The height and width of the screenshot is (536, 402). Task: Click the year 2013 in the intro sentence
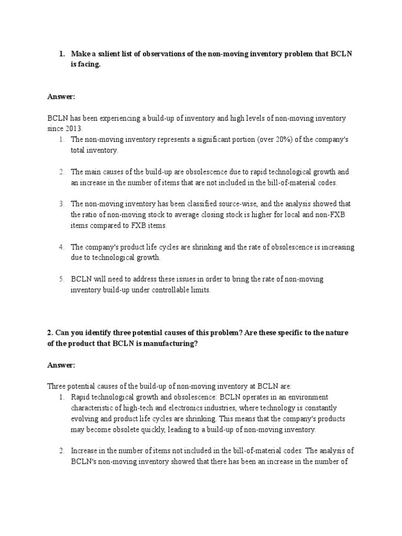74,129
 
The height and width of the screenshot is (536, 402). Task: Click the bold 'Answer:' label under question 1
61,97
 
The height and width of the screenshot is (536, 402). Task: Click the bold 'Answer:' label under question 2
61,364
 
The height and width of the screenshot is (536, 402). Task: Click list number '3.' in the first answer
61,204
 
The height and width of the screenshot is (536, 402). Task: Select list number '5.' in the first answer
61,279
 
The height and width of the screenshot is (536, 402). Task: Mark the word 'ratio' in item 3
92,215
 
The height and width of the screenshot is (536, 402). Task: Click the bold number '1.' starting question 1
61,54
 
